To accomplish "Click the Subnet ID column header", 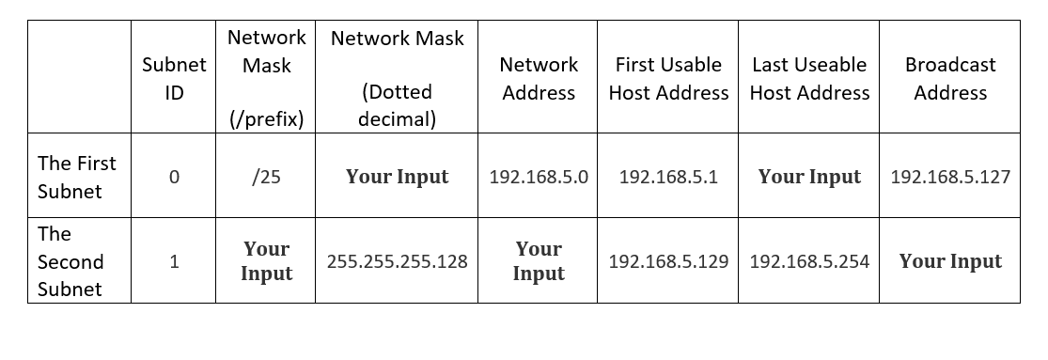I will tap(174, 79).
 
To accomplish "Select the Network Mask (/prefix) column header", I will tap(266, 79).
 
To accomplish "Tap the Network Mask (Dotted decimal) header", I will tap(397, 79).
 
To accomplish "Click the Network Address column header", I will tap(539, 79).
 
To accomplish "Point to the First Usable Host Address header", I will tap(668, 79).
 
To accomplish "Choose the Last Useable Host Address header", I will tap(809, 79).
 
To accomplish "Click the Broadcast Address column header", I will tap(950, 79).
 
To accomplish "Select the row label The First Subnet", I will tap(77, 177).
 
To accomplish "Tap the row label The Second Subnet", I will tap(70, 261).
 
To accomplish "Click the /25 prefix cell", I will tap(266, 177).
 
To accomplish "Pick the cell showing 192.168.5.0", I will tap(539, 177).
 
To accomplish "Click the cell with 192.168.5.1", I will tap(668, 177).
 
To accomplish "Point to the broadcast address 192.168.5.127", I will tap(950, 177).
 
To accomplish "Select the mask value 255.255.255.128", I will tap(397, 262).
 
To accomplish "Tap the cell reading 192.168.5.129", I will tap(668, 262).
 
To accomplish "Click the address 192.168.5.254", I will tap(809, 262).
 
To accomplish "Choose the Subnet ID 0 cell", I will tap(174, 177).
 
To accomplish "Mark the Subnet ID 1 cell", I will tap(174, 262).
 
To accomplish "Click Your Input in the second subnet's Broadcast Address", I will tap(950, 262).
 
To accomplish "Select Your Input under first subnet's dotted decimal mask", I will tap(397, 177).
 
